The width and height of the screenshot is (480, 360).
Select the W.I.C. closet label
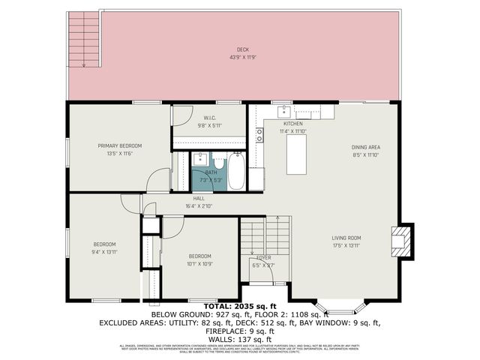point(210,118)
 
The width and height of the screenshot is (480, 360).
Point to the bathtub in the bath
point(236,172)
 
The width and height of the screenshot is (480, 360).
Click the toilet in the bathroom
point(218,161)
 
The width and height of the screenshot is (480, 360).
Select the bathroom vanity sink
point(200,160)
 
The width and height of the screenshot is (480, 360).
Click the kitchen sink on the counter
point(286,112)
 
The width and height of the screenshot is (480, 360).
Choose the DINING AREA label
point(367,147)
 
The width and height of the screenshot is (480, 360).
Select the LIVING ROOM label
point(347,238)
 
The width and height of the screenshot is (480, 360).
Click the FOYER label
point(264,257)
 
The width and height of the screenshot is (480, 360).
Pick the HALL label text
point(199,199)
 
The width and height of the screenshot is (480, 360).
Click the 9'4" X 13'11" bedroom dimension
point(104,252)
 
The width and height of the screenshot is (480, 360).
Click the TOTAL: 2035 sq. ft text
point(240,307)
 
